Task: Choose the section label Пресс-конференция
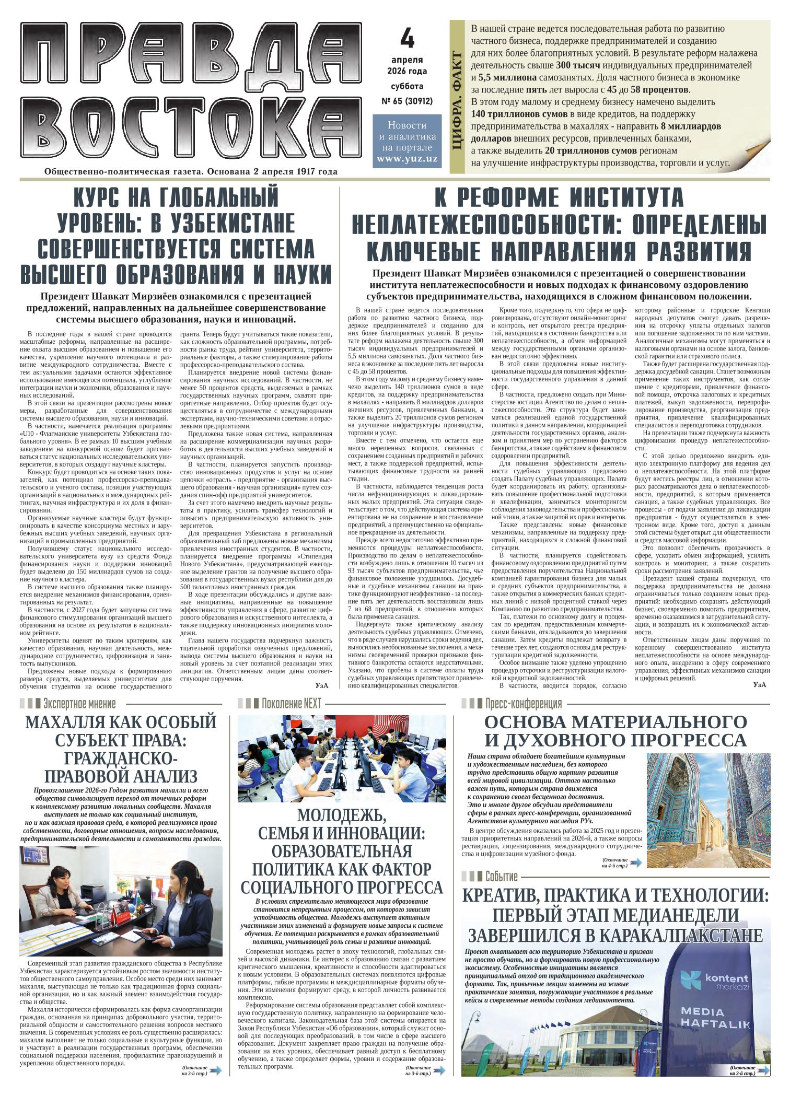(523, 703)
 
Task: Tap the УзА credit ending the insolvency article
(760, 685)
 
